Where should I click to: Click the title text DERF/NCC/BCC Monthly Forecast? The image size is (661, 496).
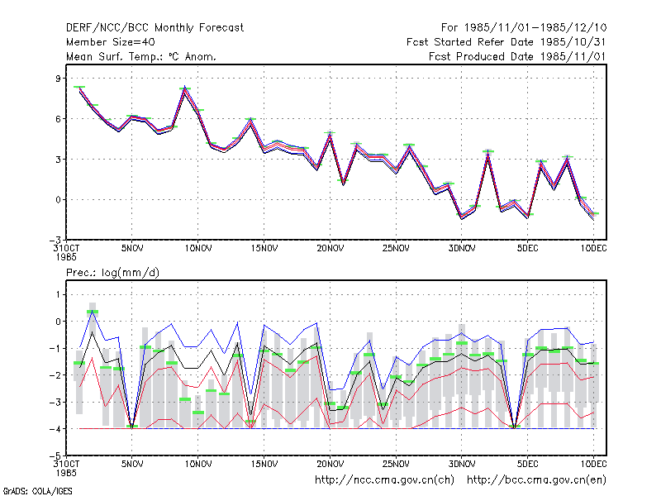155,28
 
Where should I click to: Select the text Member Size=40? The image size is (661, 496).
111,42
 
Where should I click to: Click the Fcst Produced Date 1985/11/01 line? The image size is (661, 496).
517,56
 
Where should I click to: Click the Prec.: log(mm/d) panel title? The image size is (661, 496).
112,273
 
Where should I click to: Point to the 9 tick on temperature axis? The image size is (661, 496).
58,79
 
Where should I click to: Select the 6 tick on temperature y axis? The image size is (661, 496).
58,119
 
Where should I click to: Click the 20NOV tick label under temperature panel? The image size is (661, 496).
330,249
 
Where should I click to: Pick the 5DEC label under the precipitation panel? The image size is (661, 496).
528,464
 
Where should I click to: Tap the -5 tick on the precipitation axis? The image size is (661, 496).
55,456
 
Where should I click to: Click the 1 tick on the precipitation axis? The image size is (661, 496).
58,294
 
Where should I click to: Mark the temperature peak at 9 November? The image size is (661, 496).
184,88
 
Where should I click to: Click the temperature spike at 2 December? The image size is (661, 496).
488,151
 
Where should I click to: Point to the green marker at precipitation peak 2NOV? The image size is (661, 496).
93,312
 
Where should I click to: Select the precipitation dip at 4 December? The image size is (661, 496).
514,427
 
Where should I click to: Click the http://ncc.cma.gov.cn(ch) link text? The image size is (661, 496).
384,480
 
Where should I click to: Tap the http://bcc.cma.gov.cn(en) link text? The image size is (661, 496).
536,480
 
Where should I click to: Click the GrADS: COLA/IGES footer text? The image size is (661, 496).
37,491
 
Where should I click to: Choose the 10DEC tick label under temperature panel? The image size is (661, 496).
593,249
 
